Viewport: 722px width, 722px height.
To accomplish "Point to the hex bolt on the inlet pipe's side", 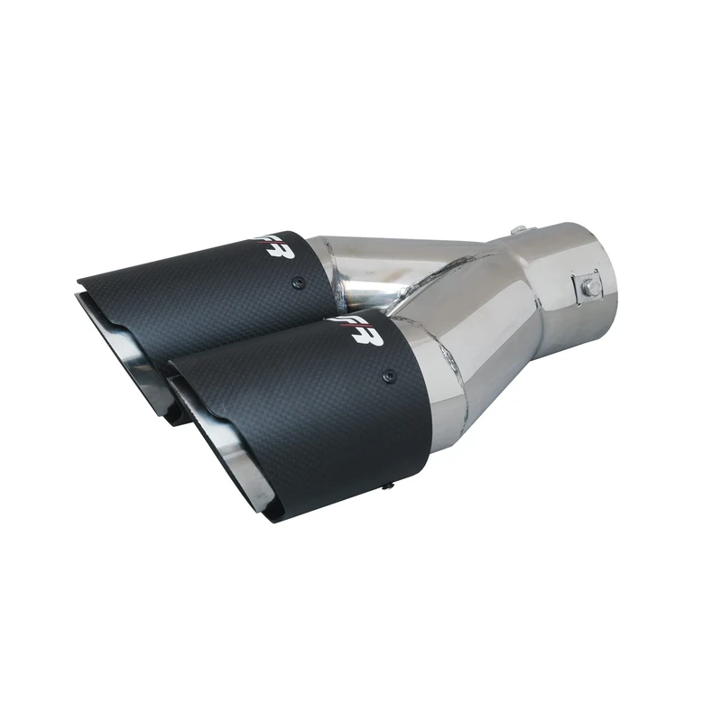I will pyautogui.click(x=588, y=285).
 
